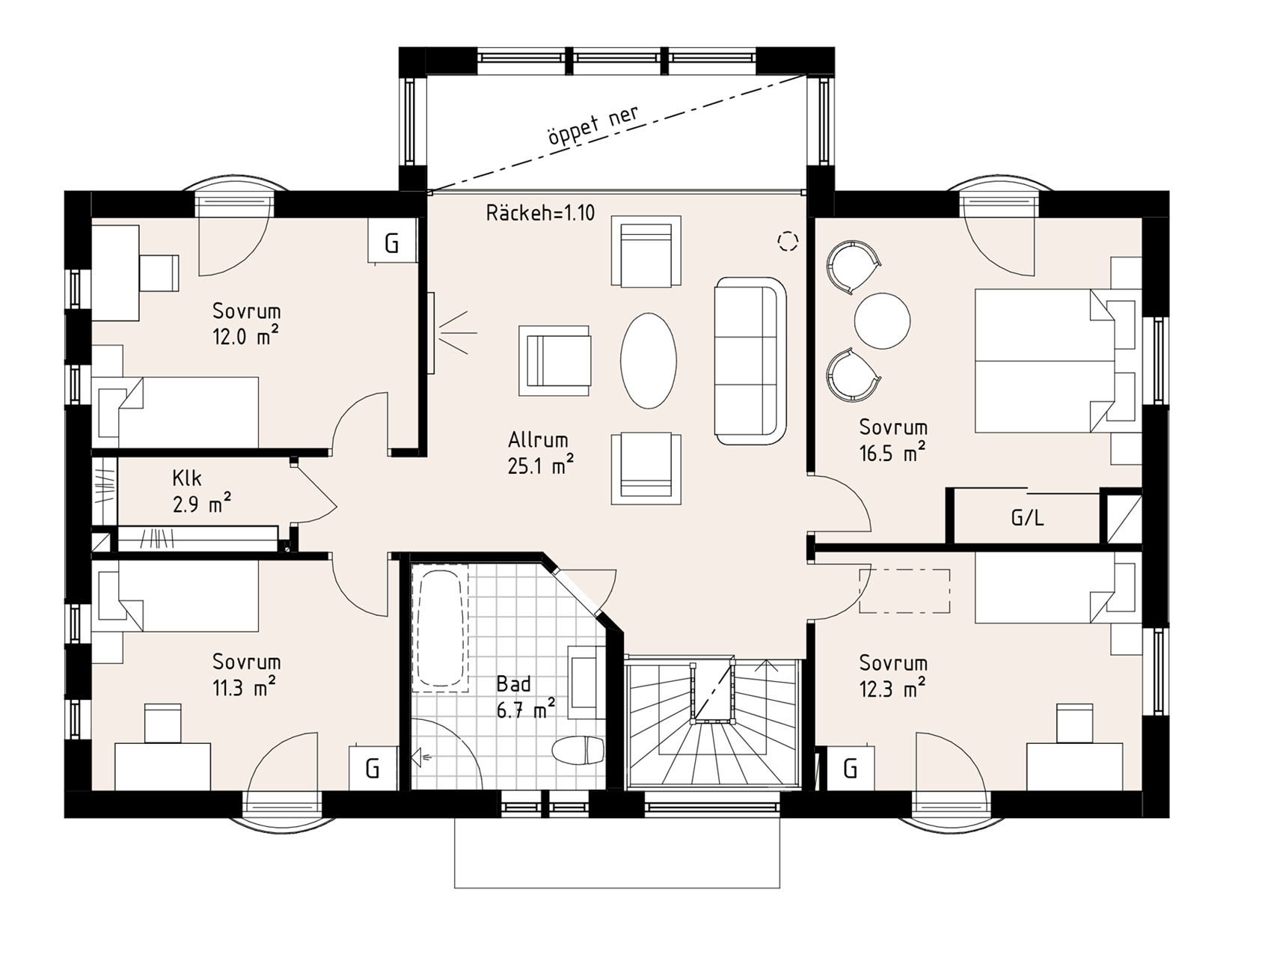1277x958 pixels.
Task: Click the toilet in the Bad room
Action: (578, 750)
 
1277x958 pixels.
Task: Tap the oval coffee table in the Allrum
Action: (649, 360)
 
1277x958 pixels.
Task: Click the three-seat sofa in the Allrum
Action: (750, 361)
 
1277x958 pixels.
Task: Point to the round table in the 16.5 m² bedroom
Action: (883, 320)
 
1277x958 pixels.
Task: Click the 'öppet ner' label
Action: (592, 126)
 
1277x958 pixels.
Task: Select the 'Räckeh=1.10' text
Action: (540, 213)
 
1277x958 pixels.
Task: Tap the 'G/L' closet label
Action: (1027, 518)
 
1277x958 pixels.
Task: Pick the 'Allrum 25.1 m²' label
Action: (540, 453)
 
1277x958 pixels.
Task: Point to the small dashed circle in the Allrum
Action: (788, 241)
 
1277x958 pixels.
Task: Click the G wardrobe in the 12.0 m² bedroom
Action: (392, 241)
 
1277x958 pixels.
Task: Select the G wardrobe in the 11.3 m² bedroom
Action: (373, 768)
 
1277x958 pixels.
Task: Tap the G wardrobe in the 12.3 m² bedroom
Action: (851, 768)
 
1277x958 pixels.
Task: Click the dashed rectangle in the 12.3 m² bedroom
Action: (904, 591)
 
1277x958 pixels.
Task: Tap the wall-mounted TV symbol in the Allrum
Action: (431, 332)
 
